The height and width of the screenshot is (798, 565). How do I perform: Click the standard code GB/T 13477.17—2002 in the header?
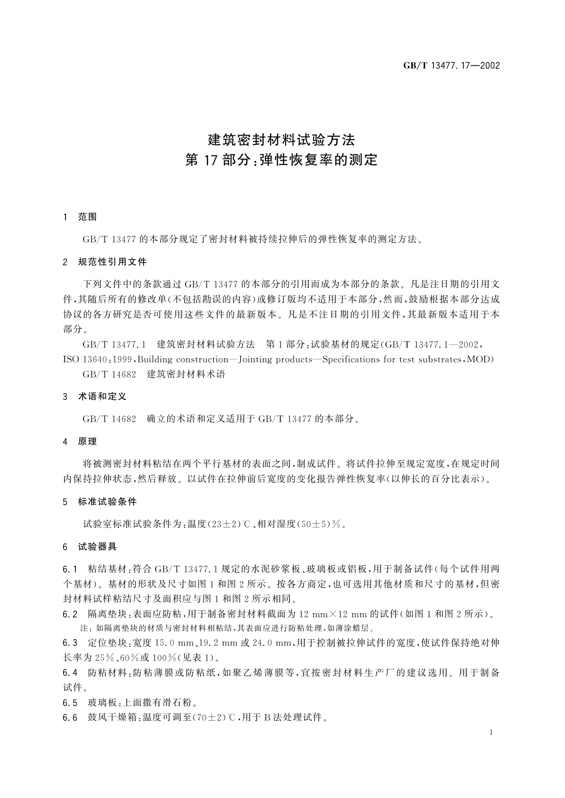(x=451, y=66)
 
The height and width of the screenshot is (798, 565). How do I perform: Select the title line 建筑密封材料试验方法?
(x=282, y=140)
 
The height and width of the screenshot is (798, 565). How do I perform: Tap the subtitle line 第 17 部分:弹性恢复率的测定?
(x=282, y=160)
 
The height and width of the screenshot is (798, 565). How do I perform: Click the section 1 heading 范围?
(x=87, y=217)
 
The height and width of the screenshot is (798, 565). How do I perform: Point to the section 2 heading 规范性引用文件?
(x=112, y=262)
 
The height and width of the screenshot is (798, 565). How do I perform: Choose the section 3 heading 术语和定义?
(x=102, y=396)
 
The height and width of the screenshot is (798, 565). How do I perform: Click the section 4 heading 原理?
(x=87, y=441)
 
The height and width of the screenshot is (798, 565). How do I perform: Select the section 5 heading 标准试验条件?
(x=107, y=502)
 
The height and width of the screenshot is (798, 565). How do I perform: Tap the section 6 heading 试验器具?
(x=97, y=546)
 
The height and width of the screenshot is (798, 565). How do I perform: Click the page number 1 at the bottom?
(x=491, y=733)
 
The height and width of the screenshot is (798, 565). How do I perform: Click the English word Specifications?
(x=352, y=359)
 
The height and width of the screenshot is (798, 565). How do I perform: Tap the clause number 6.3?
(x=70, y=643)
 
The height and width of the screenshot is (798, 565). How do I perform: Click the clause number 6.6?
(x=70, y=717)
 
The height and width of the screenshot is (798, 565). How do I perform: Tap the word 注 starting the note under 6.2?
(x=84, y=629)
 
